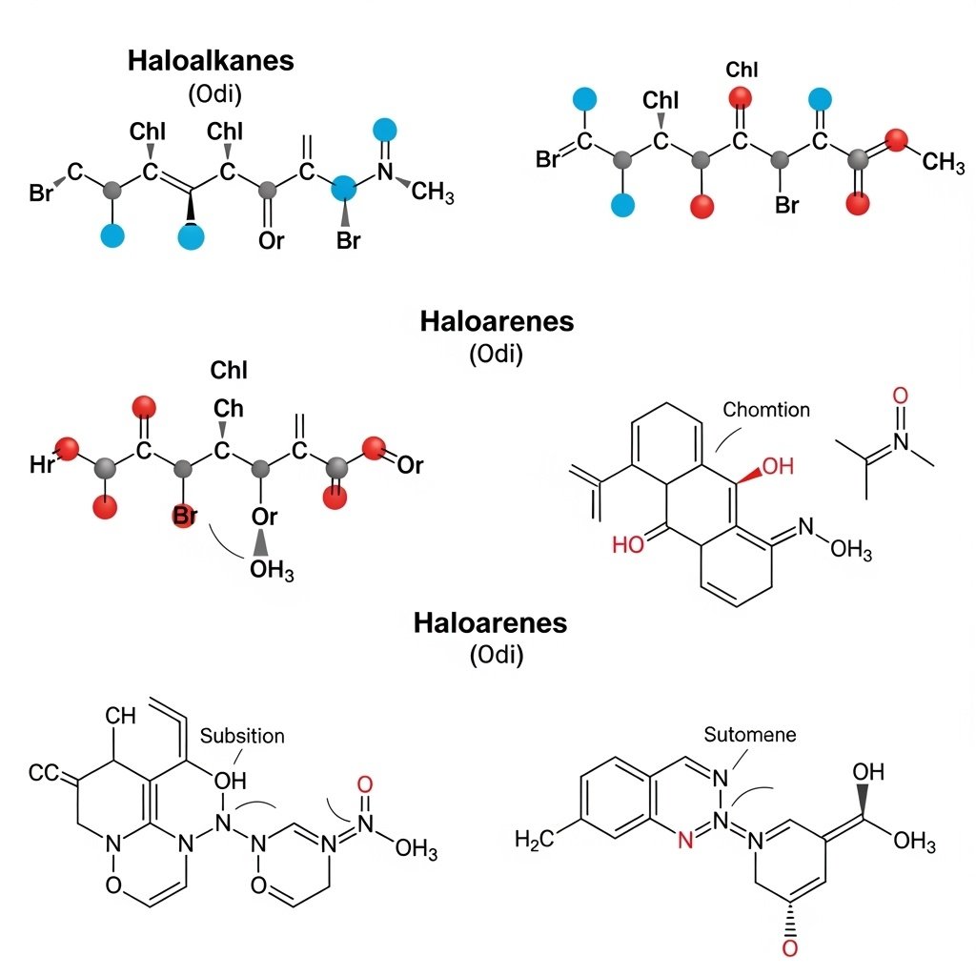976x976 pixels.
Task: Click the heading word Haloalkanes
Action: [211, 61]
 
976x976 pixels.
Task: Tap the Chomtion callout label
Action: [766, 410]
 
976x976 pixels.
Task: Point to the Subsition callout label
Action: [242, 736]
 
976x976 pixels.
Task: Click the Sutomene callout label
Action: [749, 735]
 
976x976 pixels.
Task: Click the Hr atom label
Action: [43, 465]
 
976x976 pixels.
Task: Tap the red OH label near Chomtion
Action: [777, 466]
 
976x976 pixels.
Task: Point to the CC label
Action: [44, 773]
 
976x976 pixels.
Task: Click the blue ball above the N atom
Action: [385, 130]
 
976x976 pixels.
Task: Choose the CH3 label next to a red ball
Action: [944, 162]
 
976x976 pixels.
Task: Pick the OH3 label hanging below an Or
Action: [272, 572]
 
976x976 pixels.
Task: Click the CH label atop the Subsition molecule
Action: [121, 715]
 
